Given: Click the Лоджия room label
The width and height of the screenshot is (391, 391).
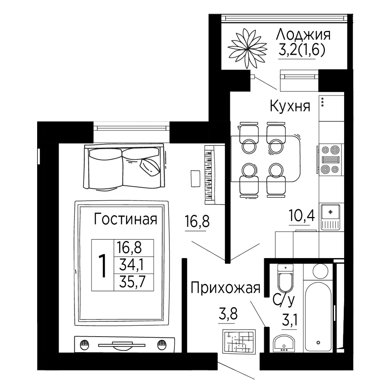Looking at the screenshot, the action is (x=303, y=35).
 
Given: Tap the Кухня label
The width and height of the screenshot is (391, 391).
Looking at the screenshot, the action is (x=290, y=106).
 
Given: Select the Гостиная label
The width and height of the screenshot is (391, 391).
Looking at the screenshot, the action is (x=126, y=219).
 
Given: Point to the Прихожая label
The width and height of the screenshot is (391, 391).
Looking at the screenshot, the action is (x=226, y=288).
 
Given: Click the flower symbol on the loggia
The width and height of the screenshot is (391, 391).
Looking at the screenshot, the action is (x=247, y=48).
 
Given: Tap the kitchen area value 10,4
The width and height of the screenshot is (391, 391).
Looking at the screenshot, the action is (x=301, y=215).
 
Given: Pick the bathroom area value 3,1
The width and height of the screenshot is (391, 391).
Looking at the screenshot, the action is (x=289, y=321).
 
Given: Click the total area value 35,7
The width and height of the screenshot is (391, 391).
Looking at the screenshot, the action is (x=133, y=283).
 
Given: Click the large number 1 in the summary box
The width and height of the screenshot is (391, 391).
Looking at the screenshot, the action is (x=102, y=265).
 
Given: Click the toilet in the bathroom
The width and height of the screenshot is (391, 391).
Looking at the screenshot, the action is (x=286, y=278).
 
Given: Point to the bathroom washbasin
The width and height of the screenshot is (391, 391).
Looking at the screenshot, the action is (x=283, y=344).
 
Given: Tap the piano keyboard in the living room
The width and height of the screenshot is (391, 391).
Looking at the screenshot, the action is (x=209, y=175).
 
